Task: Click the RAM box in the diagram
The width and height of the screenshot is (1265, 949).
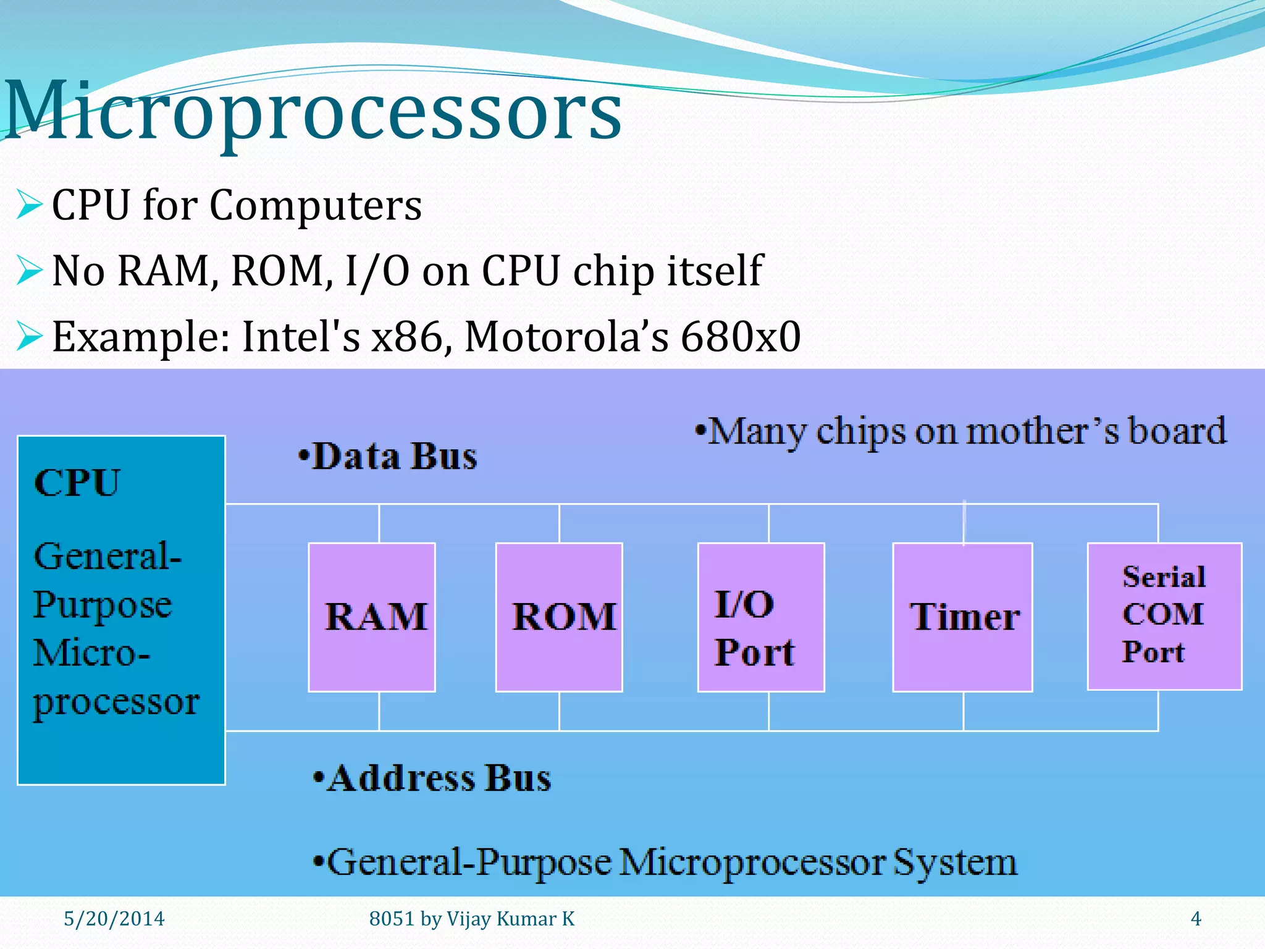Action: (x=372, y=617)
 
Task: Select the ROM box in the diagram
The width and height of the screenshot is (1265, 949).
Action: (x=559, y=617)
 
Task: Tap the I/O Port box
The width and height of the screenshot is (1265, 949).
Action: (x=761, y=617)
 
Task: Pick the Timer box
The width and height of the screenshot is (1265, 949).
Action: (x=962, y=617)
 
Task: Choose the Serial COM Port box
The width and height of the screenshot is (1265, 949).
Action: (x=1164, y=615)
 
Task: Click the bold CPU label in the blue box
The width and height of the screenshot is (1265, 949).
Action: (x=77, y=483)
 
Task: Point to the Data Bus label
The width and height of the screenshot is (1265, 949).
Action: (x=388, y=457)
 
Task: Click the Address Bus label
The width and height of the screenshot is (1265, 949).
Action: (x=432, y=778)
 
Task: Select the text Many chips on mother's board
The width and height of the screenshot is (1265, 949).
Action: (x=960, y=431)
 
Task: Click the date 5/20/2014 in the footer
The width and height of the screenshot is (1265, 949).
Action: (x=114, y=919)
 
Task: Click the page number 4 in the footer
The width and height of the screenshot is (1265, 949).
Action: (x=1196, y=919)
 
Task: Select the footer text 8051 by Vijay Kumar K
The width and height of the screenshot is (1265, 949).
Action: (x=471, y=919)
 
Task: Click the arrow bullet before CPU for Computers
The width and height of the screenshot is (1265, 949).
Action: (x=29, y=205)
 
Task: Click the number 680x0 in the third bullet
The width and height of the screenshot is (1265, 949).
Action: (x=741, y=337)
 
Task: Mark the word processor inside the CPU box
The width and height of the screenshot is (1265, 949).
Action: (x=116, y=702)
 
